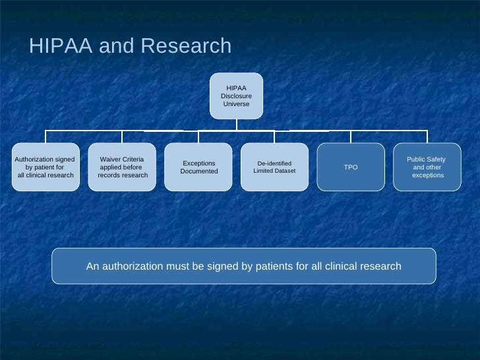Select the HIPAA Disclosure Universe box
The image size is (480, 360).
point(236,96)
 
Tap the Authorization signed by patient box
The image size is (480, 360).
point(45,167)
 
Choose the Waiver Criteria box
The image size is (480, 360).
point(122,167)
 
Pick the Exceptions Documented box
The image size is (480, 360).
point(198,167)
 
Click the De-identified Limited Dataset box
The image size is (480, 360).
point(274,167)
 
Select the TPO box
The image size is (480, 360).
point(351,167)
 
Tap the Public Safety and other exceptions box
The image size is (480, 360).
point(427,167)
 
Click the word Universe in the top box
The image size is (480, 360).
point(236,104)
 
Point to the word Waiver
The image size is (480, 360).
point(110,160)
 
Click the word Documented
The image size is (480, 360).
point(198,171)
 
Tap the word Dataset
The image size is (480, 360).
point(285,171)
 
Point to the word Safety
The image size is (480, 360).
point(435,160)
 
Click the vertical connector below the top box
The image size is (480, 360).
point(236,125)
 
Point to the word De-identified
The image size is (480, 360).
point(274,163)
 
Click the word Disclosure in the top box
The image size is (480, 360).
point(236,96)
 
